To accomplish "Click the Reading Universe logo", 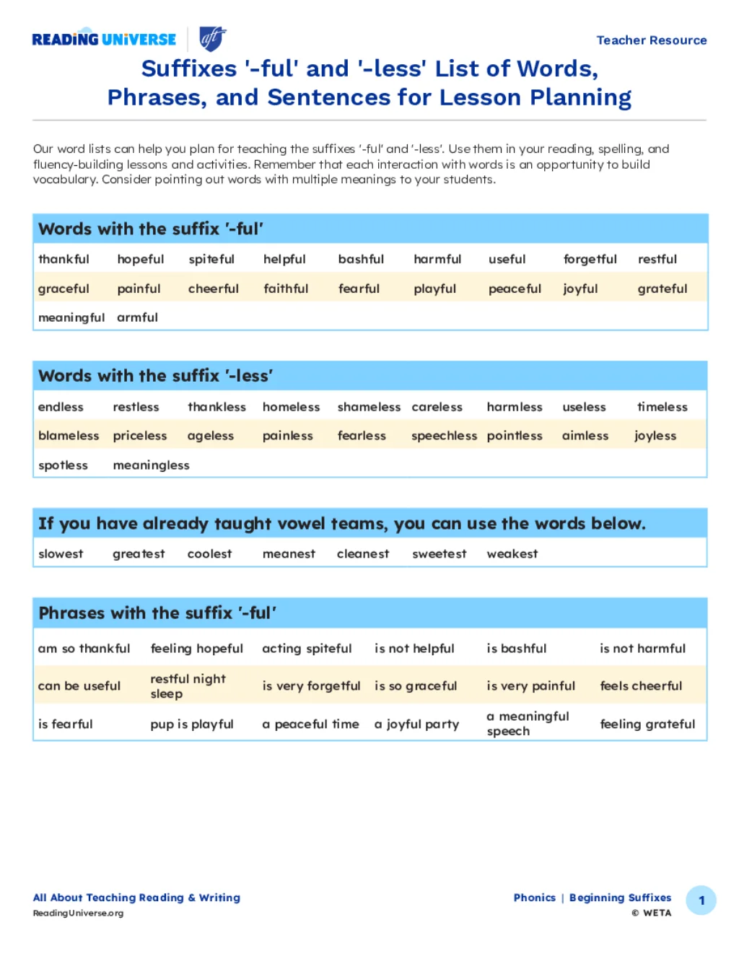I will [104, 40].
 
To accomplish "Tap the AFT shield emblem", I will [212, 38].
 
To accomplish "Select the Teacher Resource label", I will [651, 40].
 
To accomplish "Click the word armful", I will [137, 317].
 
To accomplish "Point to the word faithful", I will [286, 289].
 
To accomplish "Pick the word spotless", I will [63, 465].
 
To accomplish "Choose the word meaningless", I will [151, 465].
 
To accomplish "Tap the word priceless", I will [140, 436].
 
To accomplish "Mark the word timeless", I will [662, 407].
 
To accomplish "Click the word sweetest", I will [439, 554].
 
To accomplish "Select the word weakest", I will [512, 554].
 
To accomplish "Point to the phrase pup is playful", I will [192, 724].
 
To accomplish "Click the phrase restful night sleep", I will [188, 686].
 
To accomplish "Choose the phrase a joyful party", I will [416, 724].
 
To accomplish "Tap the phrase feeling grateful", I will [647, 724].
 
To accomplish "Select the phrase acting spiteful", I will [307, 649].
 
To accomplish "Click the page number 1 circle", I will [701, 900].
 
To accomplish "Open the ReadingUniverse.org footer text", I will [78, 913].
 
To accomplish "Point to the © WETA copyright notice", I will [651, 913].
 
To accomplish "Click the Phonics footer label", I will [534, 898].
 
